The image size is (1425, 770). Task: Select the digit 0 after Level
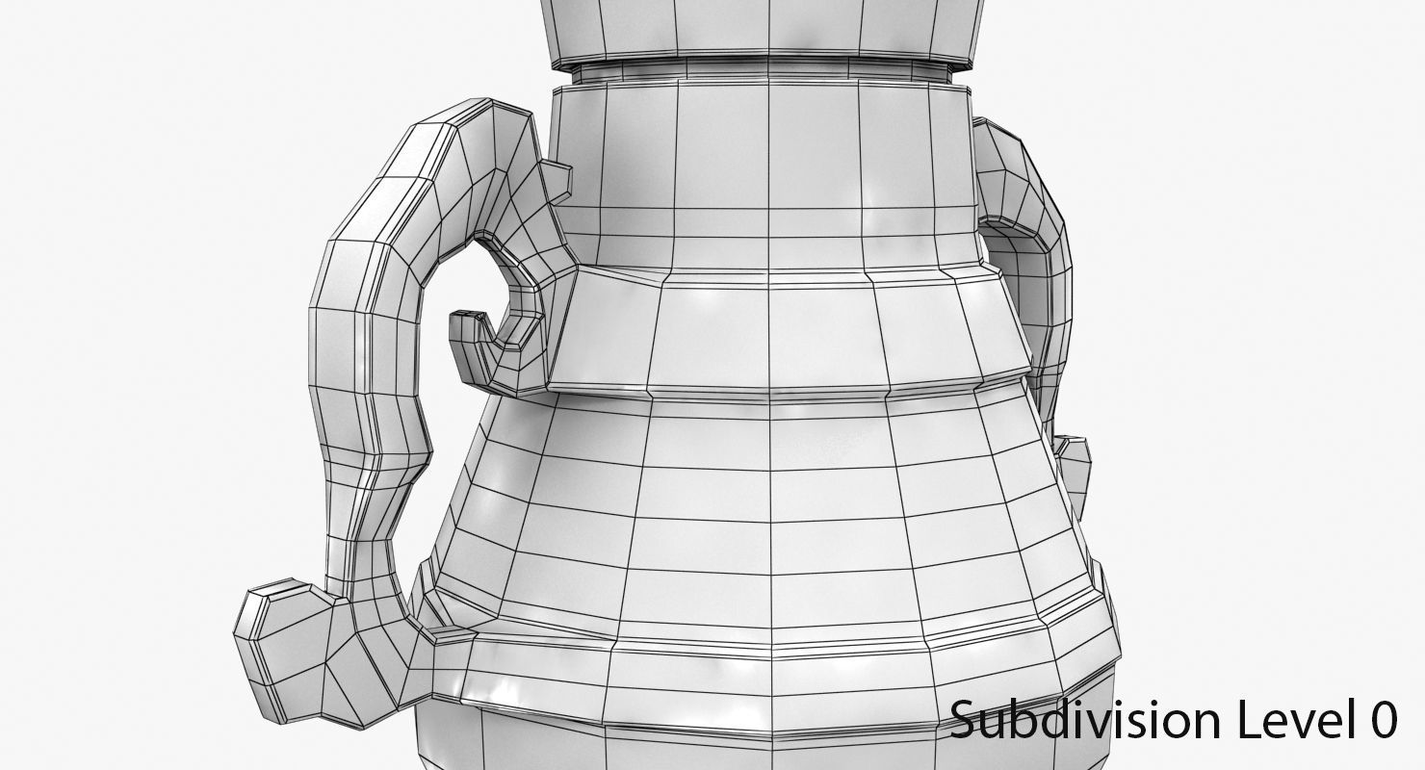click(x=1382, y=720)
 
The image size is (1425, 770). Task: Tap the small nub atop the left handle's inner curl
click(x=557, y=179)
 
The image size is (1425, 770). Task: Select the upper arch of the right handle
click(x=1021, y=183)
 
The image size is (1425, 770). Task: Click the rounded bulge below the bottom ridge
click(x=770, y=741)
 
